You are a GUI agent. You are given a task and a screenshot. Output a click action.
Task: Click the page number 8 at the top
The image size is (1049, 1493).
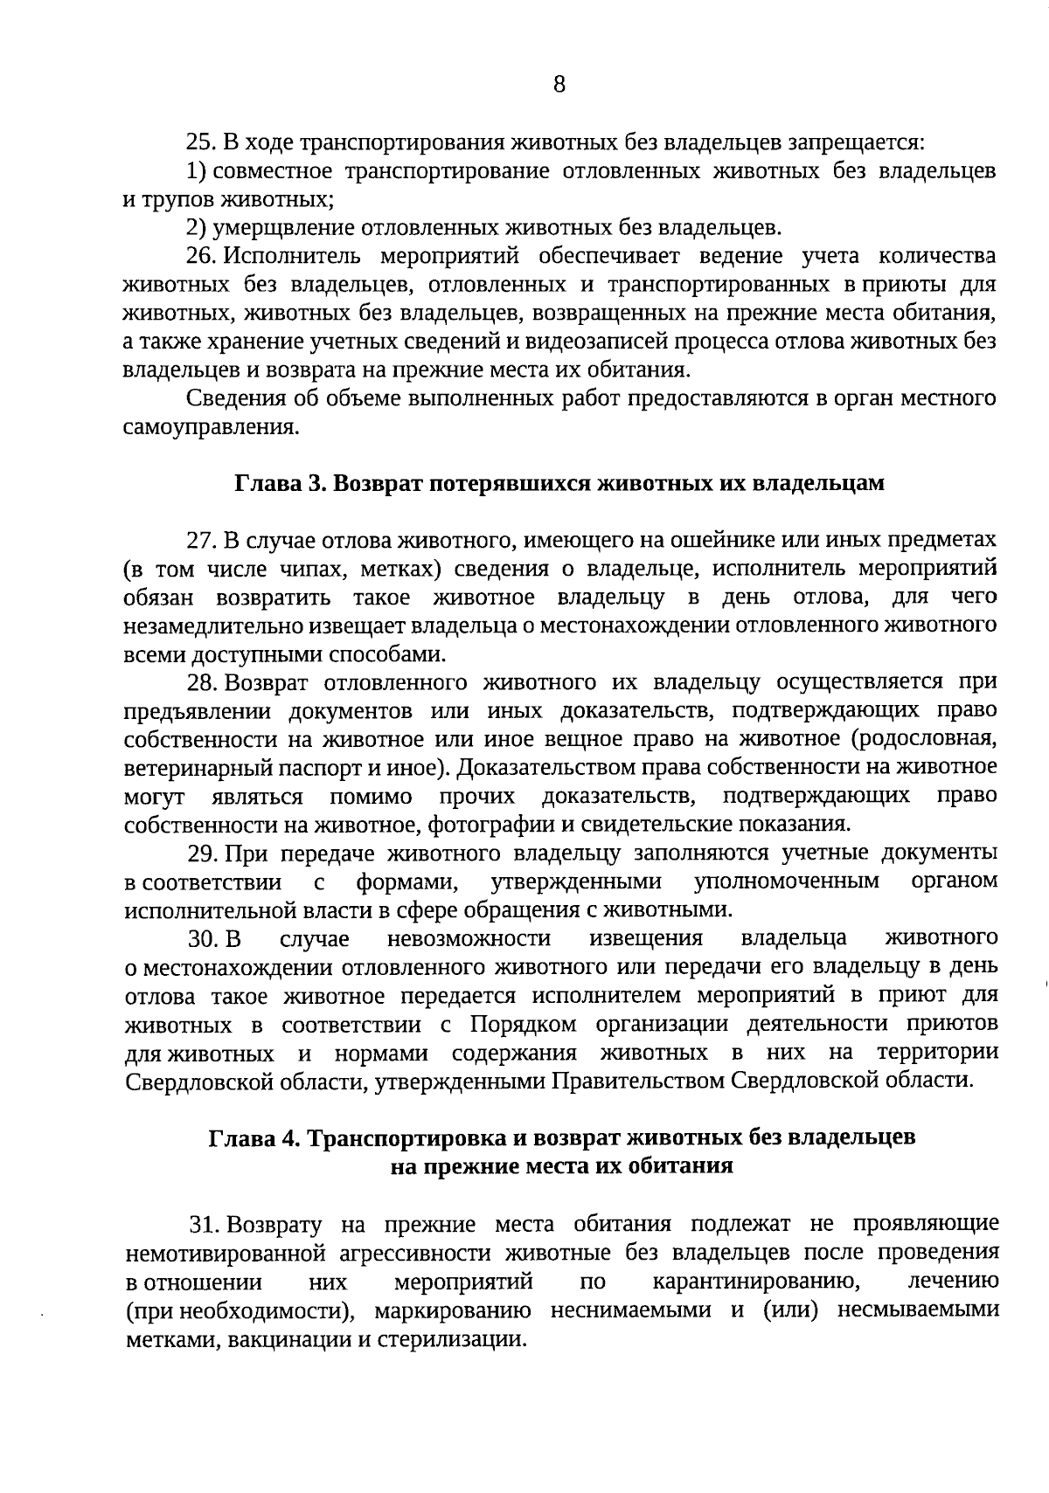559,85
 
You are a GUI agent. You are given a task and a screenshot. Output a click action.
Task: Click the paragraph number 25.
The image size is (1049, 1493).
200,142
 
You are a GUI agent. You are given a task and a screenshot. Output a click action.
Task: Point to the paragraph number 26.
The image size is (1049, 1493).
200,257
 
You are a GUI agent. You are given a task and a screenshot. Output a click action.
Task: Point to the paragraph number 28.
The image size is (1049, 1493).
200,683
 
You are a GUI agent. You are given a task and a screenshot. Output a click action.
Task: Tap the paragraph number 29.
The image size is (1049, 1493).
200,853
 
